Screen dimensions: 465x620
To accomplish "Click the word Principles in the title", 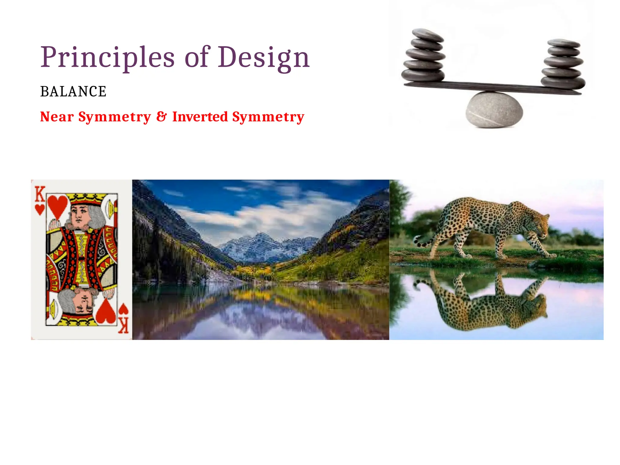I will click(107, 58).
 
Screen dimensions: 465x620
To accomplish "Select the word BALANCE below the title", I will click(73, 91).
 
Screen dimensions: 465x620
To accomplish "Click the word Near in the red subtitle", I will click(57, 117).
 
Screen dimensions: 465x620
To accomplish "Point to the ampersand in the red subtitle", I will click(162, 117).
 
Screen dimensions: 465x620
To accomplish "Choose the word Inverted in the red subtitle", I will click(200, 117).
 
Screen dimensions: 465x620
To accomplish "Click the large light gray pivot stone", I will click(494, 110).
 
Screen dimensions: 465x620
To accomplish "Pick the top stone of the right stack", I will click(564, 43).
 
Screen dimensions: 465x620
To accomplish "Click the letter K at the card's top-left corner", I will click(40, 194).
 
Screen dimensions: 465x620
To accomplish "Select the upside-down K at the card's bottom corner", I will click(124, 325).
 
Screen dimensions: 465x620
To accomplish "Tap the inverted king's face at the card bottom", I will click(84, 303).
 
